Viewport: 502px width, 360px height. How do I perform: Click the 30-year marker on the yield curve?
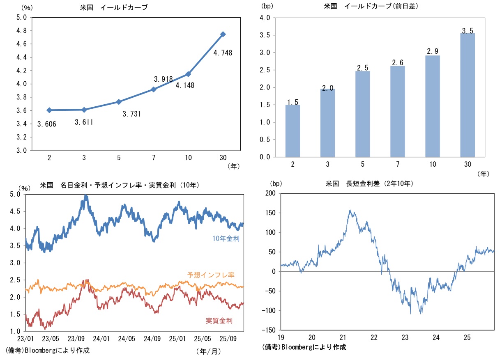click(223, 34)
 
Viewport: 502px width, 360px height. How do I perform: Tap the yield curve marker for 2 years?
click(49, 110)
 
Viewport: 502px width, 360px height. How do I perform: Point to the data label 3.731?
click(132, 114)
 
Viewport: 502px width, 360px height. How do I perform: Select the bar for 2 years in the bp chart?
click(293, 131)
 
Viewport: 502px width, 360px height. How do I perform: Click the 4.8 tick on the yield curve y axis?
click(21, 31)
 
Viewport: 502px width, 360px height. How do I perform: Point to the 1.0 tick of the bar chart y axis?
click(265, 122)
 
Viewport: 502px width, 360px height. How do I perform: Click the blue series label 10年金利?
click(226, 238)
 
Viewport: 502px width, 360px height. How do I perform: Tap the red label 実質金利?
click(219, 321)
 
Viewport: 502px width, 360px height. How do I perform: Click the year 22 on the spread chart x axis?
click(374, 337)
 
